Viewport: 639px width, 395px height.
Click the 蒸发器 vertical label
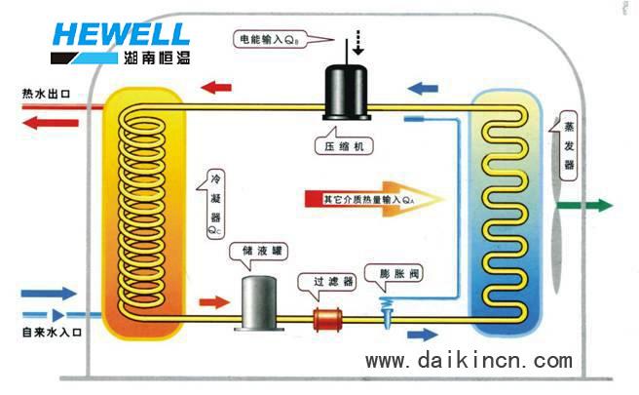point(568,146)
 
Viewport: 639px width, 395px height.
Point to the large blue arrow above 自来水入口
point(48,293)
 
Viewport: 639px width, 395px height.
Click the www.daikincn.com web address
point(469,362)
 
